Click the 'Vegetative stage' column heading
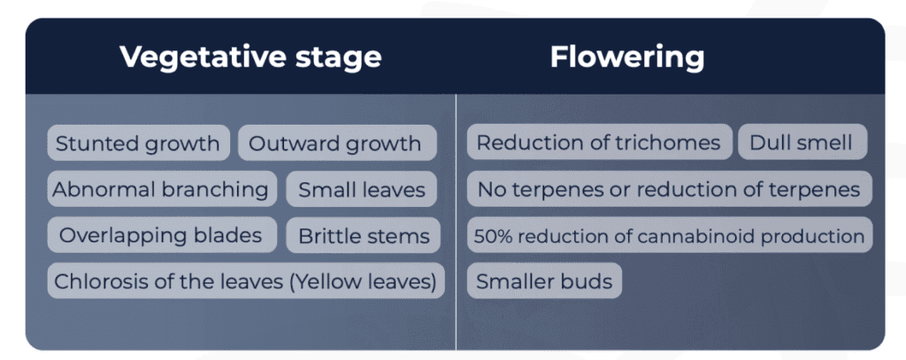click(x=250, y=57)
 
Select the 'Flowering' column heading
click(x=627, y=57)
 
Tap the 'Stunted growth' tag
click(x=138, y=143)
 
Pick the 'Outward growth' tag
click(x=335, y=143)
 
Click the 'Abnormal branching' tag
click(x=160, y=189)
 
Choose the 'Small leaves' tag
click(x=362, y=189)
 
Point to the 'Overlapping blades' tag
click(x=160, y=235)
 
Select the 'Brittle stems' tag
click(x=364, y=236)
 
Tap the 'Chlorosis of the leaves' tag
click(x=245, y=281)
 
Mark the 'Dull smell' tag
click(x=801, y=143)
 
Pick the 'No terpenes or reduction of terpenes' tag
click(x=669, y=189)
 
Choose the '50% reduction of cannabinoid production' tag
click(x=669, y=236)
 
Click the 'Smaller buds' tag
click(x=544, y=282)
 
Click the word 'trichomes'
click(x=679, y=143)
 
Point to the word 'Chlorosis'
click(x=94, y=281)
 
